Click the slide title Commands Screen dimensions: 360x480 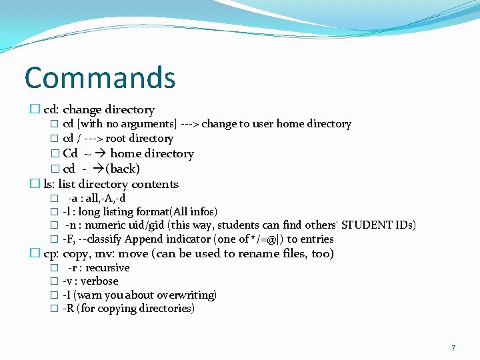coord(100,77)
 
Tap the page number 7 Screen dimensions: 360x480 coord(453,348)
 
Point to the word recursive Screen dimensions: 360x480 coord(108,267)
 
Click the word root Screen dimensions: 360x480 coord(116,139)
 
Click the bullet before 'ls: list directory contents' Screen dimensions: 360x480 coord(35,184)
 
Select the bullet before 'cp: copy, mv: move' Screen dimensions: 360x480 coord(35,253)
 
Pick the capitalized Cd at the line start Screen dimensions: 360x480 coord(70,154)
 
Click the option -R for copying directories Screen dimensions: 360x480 coord(68,309)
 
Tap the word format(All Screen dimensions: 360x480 coord(169,211)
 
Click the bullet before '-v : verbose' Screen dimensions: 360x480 coord(54,281)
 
